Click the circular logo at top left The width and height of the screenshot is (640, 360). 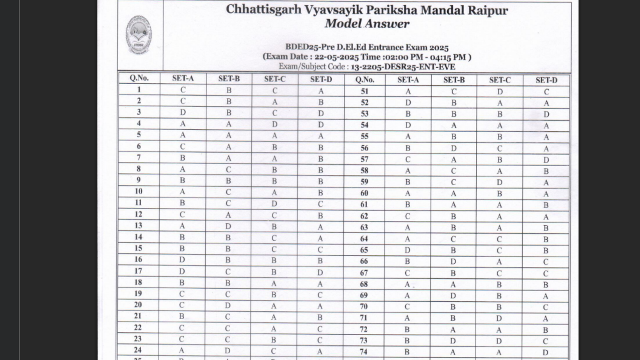(x=139, y=35)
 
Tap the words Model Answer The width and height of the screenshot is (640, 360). (x=367, y=23)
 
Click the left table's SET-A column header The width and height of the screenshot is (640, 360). (x=183, y=79)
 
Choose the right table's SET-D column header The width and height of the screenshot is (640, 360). (x=546, y=80)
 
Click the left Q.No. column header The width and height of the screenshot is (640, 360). (x=139, y=78)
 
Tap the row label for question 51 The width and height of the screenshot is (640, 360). (x=364, y=91)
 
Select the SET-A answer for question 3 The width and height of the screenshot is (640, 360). (x=183, y=112)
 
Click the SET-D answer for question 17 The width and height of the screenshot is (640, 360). (x=321, y=272)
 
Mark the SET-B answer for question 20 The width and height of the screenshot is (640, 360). (x=228, y=305)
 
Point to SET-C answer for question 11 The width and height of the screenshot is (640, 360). (x=274, y=203)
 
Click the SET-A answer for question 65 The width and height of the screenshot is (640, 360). (x=408, y=250)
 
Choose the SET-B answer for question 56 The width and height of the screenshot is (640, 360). (x=454, y=148)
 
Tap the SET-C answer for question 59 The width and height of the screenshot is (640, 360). (x=500, y=182)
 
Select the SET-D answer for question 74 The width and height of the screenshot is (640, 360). (x=546, y=352)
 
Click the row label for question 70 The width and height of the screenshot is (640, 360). (x=364, y=306)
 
